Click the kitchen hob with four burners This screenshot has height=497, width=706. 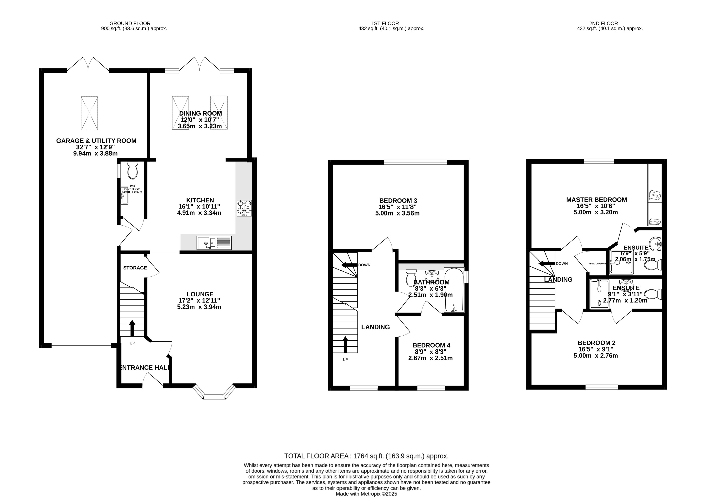click(x=244, y=208)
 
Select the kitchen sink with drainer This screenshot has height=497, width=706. click(x=214, y=243)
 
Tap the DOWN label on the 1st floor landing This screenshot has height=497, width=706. click(x=364, y=265)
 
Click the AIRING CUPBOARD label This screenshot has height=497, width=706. click(x=597, y=264)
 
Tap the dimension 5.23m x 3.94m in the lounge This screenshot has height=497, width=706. click(x=199, y=307)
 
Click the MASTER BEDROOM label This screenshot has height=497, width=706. click(x=596, y=200)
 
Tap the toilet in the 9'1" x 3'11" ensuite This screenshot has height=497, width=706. click(x=653, y=294)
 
